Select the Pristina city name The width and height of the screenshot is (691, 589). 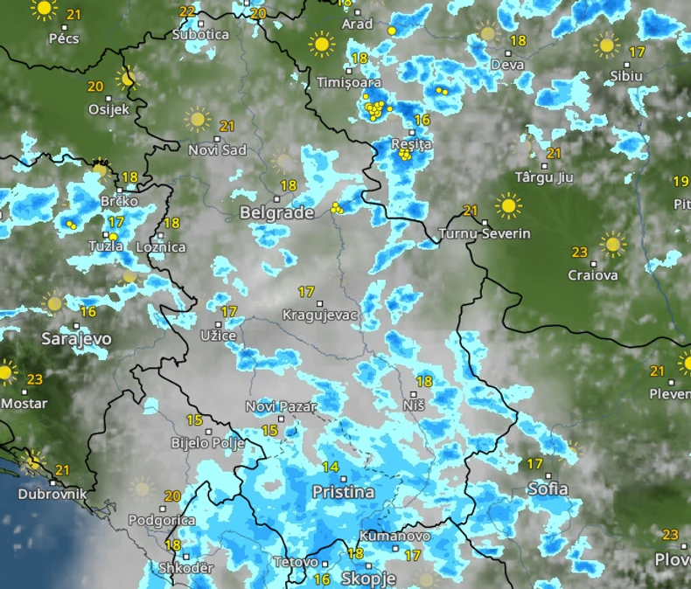click(343, 492)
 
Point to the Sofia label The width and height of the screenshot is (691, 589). click(548, 489)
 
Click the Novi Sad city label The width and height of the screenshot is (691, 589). click(218, 150)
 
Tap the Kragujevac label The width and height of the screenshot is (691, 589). click(321, 315)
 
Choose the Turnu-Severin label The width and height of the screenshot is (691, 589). click(485, 234)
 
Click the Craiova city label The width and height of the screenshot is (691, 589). click(593, 275)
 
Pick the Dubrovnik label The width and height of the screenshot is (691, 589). click(52, 494)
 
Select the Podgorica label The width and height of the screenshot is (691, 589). click(161, 520)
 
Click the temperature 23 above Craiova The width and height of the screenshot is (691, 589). click(579, 253)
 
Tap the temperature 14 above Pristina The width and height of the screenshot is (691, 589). click(330, 468)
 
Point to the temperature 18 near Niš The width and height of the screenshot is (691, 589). click(424, 381)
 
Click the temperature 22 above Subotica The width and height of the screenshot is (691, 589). click(187, 11)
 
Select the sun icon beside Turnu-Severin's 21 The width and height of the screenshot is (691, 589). click(507, 206)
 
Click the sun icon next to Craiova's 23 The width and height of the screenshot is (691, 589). click(612, 244)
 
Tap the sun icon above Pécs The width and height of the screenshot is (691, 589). click(43, 10)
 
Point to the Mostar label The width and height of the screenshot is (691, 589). click(24, 404)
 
